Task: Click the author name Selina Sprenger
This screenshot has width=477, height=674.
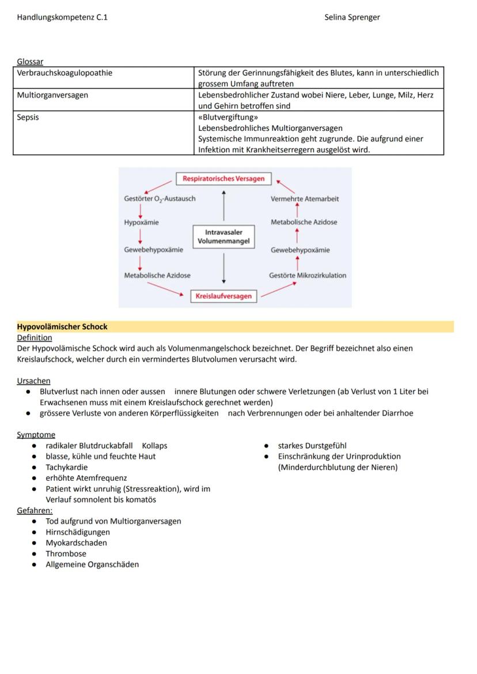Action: (x=352, y=17)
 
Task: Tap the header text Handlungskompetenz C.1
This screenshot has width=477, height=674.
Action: (x=62, y=17)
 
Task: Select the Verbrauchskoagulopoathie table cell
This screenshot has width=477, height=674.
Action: (x=65, y=73)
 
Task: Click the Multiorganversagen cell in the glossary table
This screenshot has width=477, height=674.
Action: (x=52, y=95)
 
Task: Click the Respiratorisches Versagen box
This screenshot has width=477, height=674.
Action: (x=224, y=179)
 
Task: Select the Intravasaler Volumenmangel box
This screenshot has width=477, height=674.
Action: (x=224, y=237)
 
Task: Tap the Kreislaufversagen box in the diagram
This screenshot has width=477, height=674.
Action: (x=224, y=296)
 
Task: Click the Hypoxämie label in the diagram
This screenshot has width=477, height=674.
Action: (x=142, y=223)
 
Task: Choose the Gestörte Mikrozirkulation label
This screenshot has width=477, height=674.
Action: (x=308, y=276)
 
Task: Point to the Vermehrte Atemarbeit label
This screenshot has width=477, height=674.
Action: (x=305, y=199)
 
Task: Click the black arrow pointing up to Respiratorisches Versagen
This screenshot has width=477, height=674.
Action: (x=224, y=205)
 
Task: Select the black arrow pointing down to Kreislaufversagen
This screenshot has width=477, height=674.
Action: (x=224, y=269)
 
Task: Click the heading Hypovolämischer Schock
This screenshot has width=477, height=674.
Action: (x=62, y=327)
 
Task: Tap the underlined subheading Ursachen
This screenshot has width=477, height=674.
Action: (x=33, y=381)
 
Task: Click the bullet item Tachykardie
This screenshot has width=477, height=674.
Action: (x=67, y=468)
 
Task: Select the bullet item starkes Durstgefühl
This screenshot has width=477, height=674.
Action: (x=312, y=446)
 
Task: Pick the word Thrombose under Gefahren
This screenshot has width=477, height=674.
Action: (x=66, y=554)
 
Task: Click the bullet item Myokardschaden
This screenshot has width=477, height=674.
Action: (x=76, y=543)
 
